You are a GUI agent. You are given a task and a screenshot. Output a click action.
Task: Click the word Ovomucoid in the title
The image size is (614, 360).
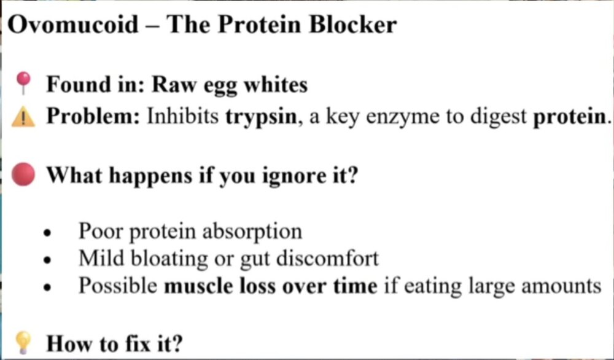73,25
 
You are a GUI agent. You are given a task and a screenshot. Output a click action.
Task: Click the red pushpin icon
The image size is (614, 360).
23,83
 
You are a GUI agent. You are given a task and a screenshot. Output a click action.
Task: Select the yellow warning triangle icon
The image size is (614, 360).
23,117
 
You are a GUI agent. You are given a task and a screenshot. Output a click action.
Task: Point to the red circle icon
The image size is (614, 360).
23,174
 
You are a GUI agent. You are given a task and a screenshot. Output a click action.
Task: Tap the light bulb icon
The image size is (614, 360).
23,342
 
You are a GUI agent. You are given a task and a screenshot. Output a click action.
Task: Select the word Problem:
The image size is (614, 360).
93,116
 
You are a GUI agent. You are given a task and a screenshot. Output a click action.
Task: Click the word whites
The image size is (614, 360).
276,84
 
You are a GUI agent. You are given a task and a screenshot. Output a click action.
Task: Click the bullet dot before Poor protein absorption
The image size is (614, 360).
48,233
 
